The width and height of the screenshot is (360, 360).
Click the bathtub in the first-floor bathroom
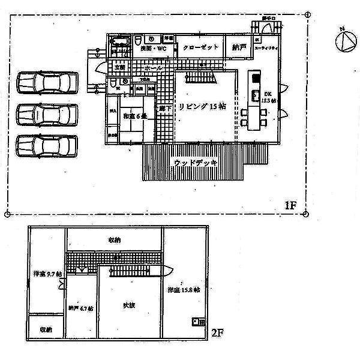coord(121,42)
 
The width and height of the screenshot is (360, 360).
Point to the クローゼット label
coord(199,47)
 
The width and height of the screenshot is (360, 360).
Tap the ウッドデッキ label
coord(195,162)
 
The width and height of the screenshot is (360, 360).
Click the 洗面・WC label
coord(154,48)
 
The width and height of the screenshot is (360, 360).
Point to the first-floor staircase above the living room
coord(200,77)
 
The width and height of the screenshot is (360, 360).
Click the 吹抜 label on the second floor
coord(129,305)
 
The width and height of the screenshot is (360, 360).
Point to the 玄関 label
coord(119,67)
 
